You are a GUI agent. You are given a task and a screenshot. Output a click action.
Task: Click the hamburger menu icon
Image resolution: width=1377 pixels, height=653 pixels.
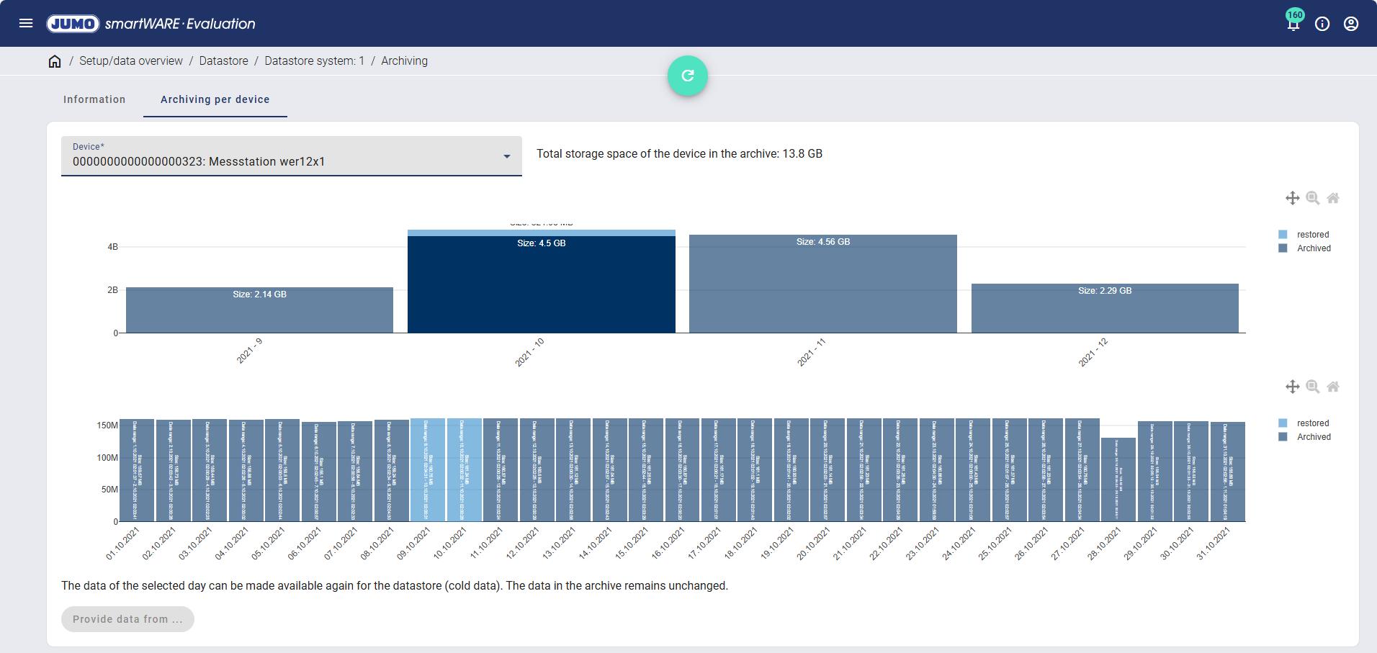(x=26, y=23)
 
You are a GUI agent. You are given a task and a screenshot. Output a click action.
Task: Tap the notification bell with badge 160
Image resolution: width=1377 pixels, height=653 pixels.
(x=1293, y=24)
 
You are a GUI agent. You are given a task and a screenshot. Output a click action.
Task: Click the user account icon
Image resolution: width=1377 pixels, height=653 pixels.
(x=1351, y=24)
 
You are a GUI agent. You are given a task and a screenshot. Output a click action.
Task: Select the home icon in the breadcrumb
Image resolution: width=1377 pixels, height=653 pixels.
(x=55, y=61)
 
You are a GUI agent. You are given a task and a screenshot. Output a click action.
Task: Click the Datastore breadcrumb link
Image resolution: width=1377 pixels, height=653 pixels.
(x=223, y=61)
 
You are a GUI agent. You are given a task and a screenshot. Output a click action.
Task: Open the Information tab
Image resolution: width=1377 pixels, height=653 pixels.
(x=94, y=99)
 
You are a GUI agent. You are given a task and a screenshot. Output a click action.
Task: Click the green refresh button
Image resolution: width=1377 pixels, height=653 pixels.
(x=687, y=76)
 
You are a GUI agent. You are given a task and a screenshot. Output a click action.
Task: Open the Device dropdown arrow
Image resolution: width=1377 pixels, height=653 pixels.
(x=507, y=156)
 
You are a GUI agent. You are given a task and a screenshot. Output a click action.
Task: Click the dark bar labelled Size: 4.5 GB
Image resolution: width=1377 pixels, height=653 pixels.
(x=541, y=288)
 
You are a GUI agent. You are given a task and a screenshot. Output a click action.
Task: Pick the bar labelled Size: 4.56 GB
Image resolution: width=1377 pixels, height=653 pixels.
(x=822, y=288)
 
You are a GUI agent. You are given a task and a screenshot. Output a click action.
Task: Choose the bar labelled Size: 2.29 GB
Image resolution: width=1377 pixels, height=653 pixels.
(x=1105, y=310)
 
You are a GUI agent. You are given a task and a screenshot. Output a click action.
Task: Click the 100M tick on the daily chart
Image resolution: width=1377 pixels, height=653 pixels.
(x=107, y=458)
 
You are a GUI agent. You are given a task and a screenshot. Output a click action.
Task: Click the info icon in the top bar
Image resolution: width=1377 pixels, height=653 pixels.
(x=1322, y=24)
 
